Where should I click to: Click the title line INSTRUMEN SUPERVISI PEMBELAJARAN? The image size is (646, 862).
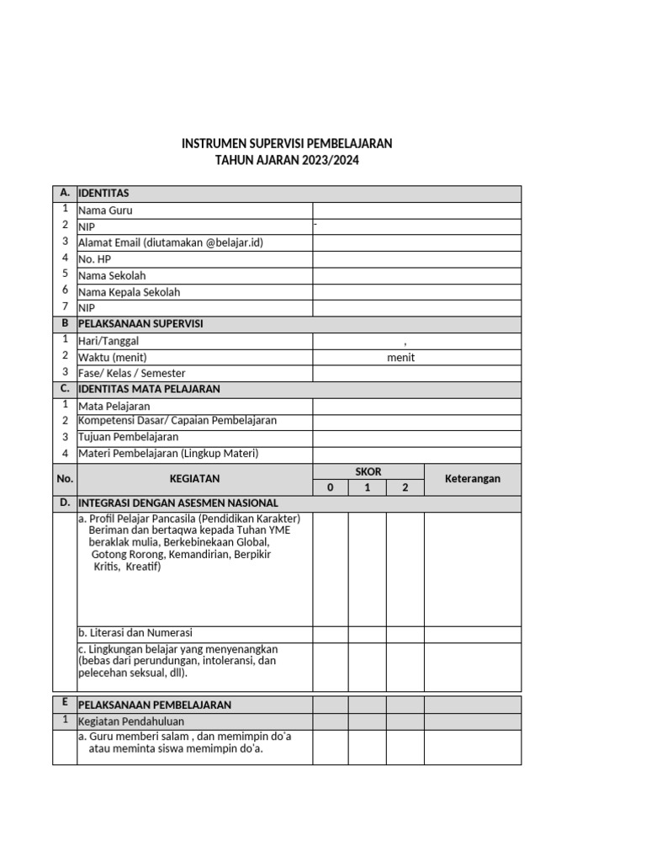click(287, 144)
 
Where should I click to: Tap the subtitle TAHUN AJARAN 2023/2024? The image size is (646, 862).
click(287, 160)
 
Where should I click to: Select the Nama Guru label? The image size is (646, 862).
click(105, 210)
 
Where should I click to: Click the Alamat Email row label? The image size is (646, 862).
click(171, 242)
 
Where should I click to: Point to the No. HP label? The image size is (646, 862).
click(94, 259)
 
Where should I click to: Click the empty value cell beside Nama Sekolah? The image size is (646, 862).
click(416, 275)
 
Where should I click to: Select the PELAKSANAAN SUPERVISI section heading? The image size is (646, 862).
click(140, 323)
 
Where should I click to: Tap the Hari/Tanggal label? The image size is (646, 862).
click(109, 341)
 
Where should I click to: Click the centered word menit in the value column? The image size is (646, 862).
click(401, 357)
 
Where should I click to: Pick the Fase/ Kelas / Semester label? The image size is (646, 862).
click(132, 373)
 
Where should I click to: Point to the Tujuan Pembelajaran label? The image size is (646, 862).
click(128, 437)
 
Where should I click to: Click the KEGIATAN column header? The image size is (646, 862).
click(194, 478)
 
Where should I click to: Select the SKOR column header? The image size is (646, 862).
click(368, 471)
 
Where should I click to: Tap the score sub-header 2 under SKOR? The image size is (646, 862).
click(405, 487)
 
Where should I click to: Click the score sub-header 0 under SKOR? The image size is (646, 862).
click(331, 487)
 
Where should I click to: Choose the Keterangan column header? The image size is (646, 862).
click(472, 478)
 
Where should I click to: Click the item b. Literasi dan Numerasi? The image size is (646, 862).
click(136, 632)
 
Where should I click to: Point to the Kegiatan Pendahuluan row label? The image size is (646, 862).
click(130, 721)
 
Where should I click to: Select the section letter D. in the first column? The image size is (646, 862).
click(64, 503)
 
